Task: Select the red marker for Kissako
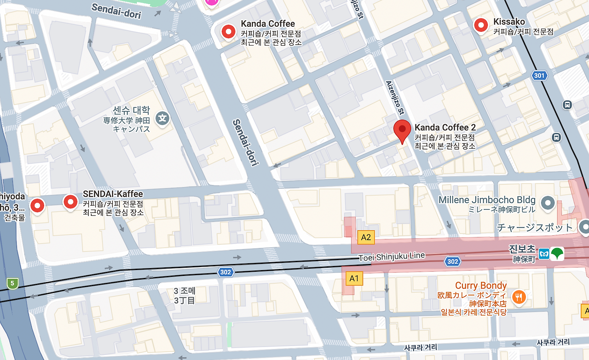(481, 25)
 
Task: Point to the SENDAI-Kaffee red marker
(70, 202)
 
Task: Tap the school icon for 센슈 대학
(162, 118)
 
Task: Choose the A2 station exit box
(366, 238)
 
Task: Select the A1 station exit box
(354, 278)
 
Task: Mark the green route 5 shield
(12, 283)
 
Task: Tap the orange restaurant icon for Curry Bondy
(519, 297)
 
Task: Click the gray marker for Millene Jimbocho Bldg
(548, 202)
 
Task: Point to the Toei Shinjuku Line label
(392, 256)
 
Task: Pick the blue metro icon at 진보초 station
(544, 254)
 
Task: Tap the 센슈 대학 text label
(131, 110)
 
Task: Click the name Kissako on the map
(509, 22)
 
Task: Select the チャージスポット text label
(535, 227)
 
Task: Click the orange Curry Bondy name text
(481, 285)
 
